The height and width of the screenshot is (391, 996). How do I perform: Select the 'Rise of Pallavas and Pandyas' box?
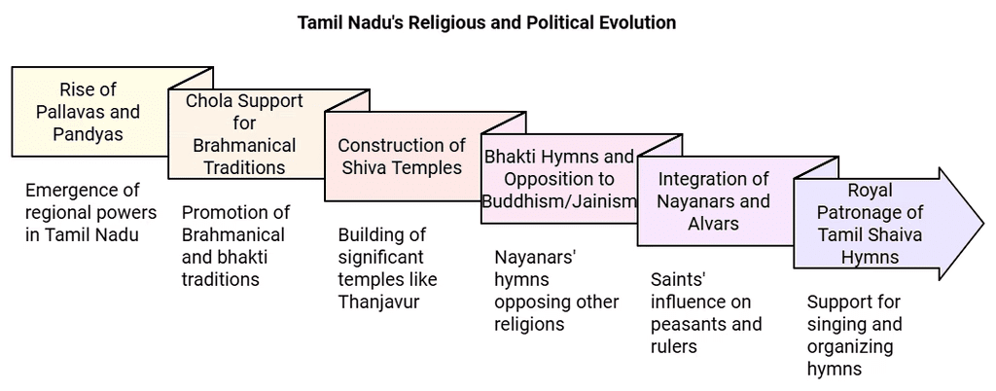[88, 112]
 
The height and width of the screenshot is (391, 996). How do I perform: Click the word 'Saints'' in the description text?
[674, 279]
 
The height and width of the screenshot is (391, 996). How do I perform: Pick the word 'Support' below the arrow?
[839, 302]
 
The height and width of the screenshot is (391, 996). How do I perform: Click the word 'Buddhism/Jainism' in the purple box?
[559, 201]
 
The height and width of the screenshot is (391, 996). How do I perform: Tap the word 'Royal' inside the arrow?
[870, 190]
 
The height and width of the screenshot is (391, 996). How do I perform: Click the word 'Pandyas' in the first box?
[88, 134]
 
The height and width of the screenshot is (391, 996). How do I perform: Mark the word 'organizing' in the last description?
[848, 346]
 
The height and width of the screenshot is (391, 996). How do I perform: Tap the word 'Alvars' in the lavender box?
[714, 224]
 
